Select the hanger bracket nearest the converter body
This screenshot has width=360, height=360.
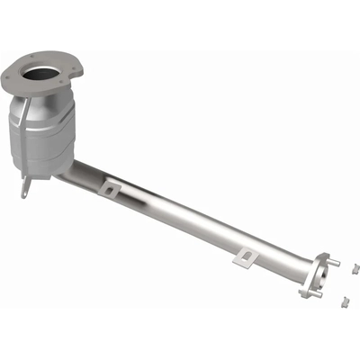(111, 186)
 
